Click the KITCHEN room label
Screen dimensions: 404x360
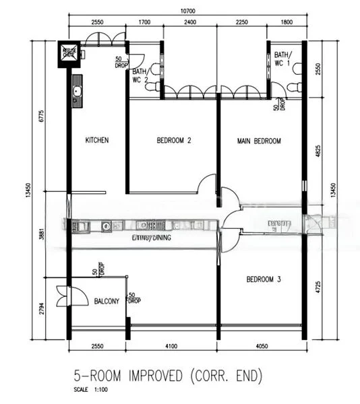[x=97, y=141]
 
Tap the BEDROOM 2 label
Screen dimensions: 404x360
[x=174, y=141]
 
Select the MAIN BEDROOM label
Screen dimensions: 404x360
[x=259, y=141]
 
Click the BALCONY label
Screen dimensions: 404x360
[x=107, y=301]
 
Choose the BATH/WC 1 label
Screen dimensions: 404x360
[x=284, y=58]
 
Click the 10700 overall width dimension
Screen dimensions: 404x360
[x=188, y=11]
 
